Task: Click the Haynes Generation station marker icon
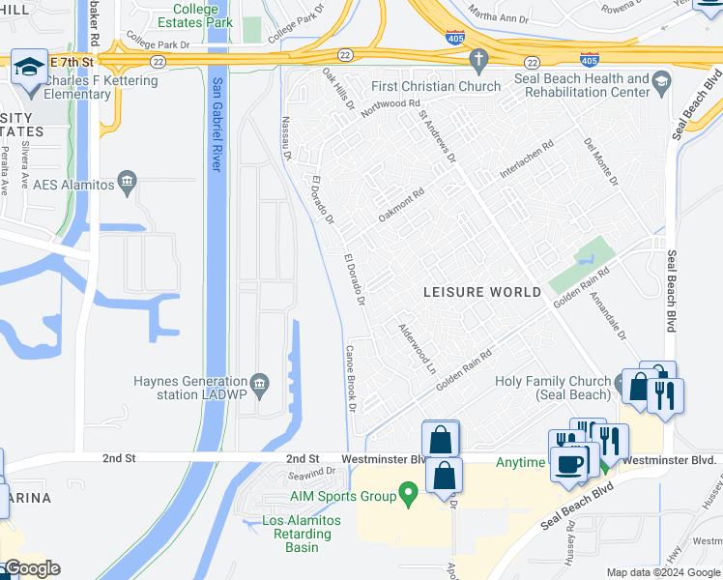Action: pos(258,380)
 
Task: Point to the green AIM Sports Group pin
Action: pos(409,496)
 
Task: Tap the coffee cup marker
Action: pos(568,462)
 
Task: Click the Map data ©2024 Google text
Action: pos(663,572)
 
